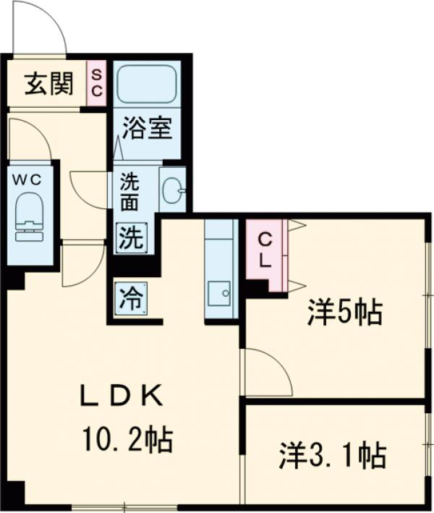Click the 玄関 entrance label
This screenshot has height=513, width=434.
click(x=48, y=84)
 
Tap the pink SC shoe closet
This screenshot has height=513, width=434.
click(x=97, y=84)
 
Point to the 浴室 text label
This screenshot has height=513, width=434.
click(x=147, y=130)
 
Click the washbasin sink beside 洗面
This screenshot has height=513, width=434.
click(x=172, y=190)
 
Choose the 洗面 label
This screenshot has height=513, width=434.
click(x=129, y=191)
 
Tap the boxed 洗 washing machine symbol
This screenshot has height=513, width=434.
click(x=131, y=237)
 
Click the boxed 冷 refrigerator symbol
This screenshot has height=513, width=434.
click(x=131, y=296)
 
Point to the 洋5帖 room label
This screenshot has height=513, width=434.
click(x=344, y=313)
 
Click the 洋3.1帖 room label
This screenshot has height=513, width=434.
click(x=332, y=456)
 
